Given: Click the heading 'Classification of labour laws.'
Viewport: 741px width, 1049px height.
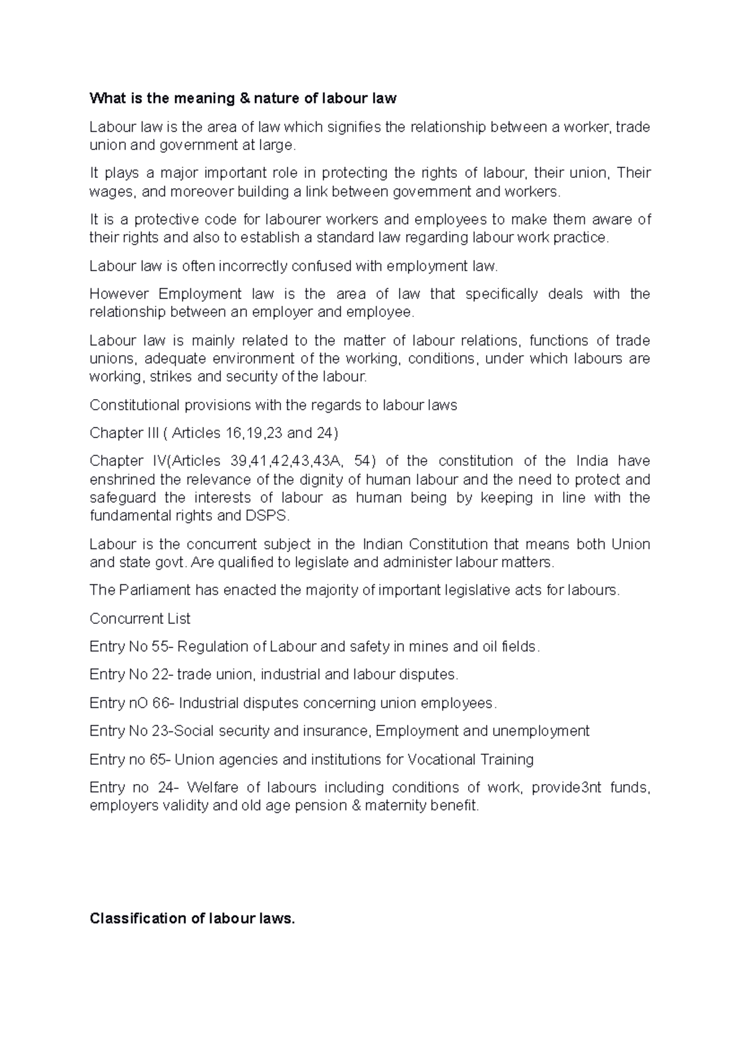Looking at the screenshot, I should pyautogui.click(x=193, y=919).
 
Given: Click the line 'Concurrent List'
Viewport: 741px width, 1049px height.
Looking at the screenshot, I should pyautogui.click(x=140, y=619).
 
